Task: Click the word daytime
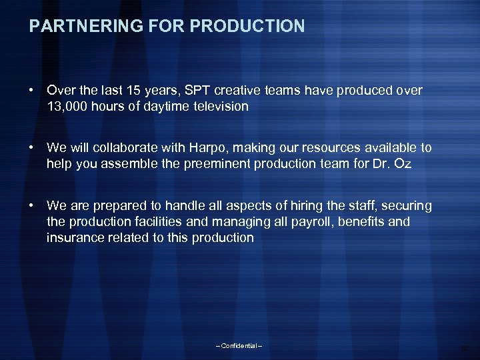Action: pos(160,106)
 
